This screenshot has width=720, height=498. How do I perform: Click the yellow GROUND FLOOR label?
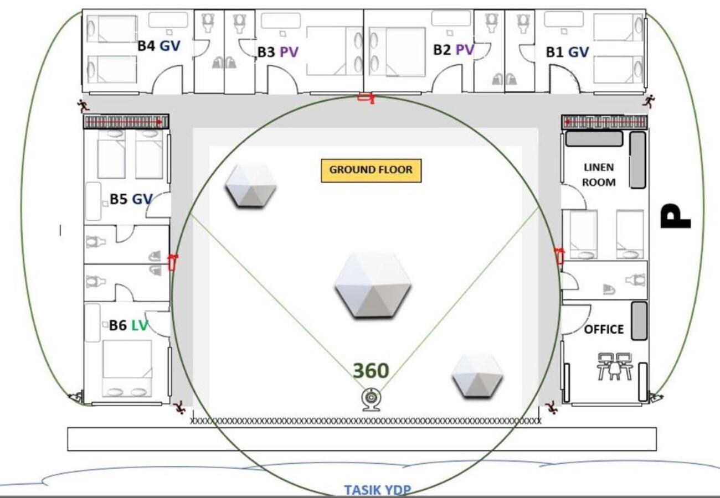pos(371,170)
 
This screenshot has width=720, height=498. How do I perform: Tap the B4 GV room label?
pos(158,45)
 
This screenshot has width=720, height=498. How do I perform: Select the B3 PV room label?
pos(277,52)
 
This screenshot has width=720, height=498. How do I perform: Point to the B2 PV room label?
pos(454,49)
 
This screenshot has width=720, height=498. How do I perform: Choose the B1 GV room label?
pos(567,52)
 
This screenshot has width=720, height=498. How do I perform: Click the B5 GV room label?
pos(131,199)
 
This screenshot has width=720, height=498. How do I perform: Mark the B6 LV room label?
pos(128,325)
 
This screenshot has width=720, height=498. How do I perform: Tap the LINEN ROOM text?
pos(599,175)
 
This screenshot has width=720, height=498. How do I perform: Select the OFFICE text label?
pos(604,329)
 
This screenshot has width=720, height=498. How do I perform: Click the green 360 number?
pos(371,370)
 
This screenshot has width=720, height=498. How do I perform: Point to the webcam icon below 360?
pos(371,400)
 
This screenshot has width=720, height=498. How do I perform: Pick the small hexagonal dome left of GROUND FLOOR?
pos(251,186)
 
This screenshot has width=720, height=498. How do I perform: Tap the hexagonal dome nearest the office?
pos(477,376)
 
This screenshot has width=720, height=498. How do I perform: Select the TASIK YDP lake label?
pos(378,490)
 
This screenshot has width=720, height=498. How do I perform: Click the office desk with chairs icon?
pos(615,367)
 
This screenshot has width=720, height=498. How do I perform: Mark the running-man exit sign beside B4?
pos(83,106)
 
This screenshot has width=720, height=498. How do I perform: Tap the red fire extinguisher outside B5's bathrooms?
pos(173,262)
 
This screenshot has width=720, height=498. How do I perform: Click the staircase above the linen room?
pos(604,122)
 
